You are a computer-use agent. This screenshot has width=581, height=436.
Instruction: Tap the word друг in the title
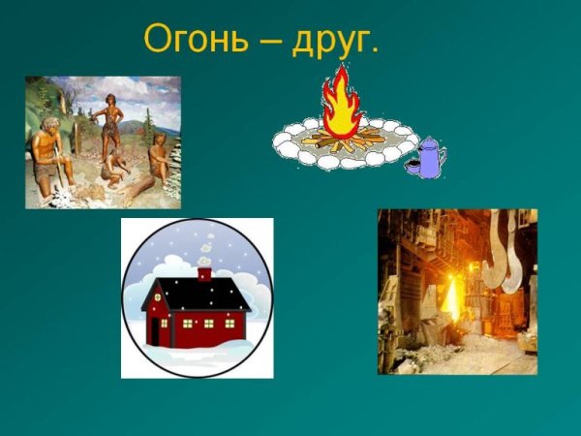coord(335,41)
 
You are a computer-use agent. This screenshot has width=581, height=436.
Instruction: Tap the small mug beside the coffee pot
coord(411,168)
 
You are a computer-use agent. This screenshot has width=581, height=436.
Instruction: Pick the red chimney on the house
coord(204,274)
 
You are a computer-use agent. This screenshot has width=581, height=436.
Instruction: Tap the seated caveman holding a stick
coord(47,155)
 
